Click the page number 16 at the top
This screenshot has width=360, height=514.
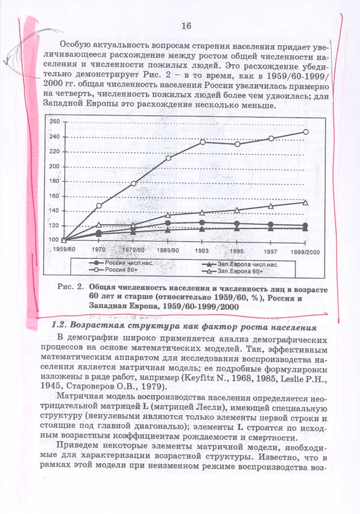coord(185,25)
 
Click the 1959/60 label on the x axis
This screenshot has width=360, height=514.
coord(63,249)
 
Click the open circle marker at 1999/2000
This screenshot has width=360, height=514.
coord(305,132)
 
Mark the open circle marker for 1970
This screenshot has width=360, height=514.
coord(99,206)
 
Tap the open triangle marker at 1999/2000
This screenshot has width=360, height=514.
coord(305,203)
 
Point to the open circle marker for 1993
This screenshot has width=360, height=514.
coord(203,142)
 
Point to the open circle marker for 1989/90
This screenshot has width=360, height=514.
coord(169,158)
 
